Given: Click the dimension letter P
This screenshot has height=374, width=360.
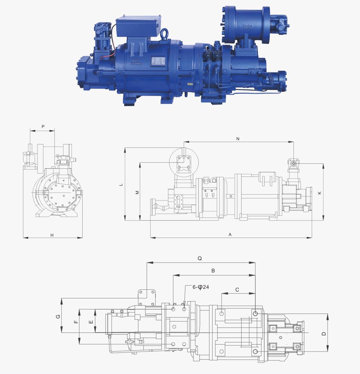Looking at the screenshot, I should click(43, 127).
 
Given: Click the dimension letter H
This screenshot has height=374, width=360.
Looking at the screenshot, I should click(52, 235).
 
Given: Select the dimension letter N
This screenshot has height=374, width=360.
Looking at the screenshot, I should click(238, 139).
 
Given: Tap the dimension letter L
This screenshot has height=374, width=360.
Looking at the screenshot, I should click(122, 185).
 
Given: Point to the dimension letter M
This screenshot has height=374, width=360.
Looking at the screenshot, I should click(137, 192).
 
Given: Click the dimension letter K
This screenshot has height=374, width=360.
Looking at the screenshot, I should click(319, 193).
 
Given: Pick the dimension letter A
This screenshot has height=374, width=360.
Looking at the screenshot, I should click(230, 235).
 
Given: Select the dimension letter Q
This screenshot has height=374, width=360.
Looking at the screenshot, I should click(200, 259).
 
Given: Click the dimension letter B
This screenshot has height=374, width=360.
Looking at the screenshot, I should click(213, 271).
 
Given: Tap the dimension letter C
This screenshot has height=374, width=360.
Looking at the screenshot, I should click(237, 289).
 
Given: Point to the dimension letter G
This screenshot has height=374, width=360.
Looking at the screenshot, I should click(58, 316).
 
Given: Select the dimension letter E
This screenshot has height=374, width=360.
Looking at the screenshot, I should click(91, 321).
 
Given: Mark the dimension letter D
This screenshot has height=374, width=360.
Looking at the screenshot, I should click(324, 333).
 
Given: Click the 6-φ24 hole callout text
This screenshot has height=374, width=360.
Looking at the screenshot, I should click(201, 287).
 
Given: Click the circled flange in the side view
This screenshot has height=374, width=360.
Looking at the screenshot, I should click(184, 160).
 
